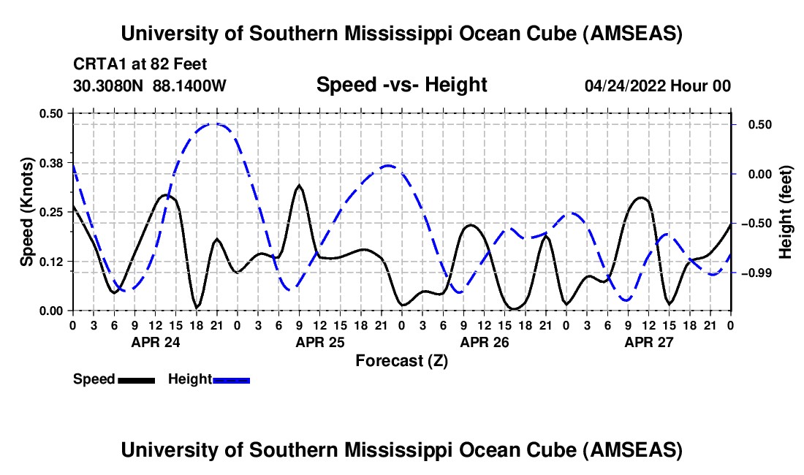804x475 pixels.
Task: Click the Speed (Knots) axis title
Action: [27, 212]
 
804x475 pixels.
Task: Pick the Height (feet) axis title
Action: [786, 211]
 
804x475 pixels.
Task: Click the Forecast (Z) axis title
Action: [401, 360]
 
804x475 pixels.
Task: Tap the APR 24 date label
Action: [155, 342]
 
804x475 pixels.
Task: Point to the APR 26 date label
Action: [484, 342]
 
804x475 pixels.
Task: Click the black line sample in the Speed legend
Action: [136, 379]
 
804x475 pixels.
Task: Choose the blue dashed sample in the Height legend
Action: [231, 379]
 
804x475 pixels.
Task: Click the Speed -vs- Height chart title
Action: [401, 85]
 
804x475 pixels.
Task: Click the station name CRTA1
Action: [96, 63]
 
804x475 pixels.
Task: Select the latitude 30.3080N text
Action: [109, 85]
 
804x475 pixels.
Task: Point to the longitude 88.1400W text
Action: [190, 85]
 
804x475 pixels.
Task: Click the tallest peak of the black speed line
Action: [298, 186]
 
